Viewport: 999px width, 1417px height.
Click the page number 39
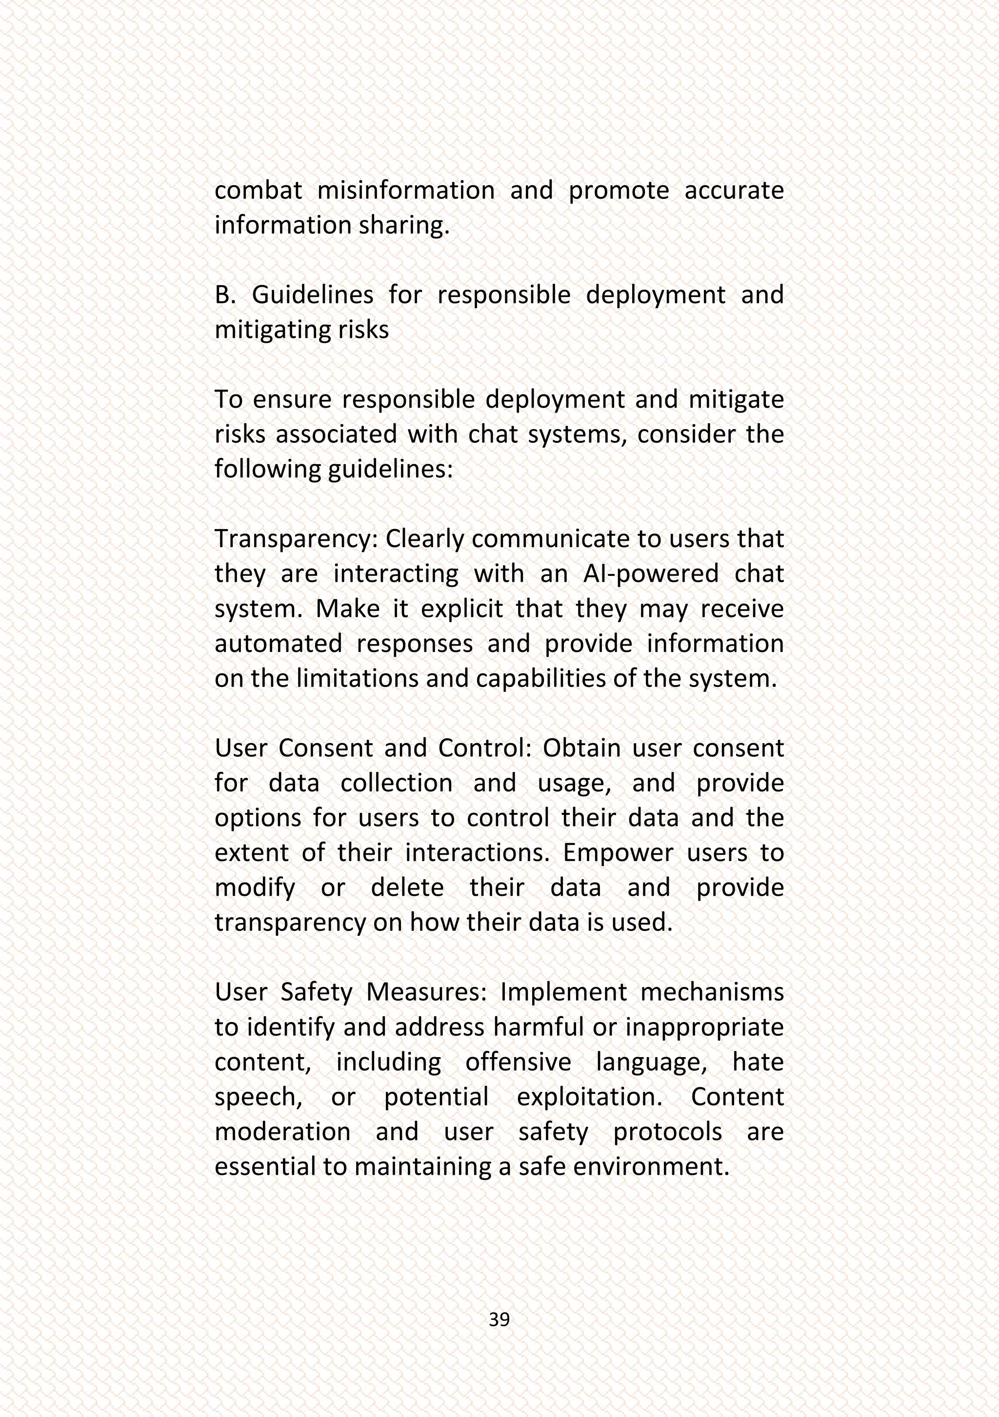(499, 1319)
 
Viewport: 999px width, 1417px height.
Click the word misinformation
(406, 190)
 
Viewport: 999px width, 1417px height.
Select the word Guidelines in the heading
(312, 295)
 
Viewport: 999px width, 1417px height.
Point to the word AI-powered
(651, 573)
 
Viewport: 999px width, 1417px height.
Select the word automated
(278, 644)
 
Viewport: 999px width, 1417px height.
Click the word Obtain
(581, 748)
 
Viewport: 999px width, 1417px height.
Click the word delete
(407, 887)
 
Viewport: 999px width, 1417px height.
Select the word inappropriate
(704, 1027)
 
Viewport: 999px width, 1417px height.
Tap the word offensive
(518, 1062)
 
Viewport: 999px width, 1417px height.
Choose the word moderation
(282, 1132)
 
